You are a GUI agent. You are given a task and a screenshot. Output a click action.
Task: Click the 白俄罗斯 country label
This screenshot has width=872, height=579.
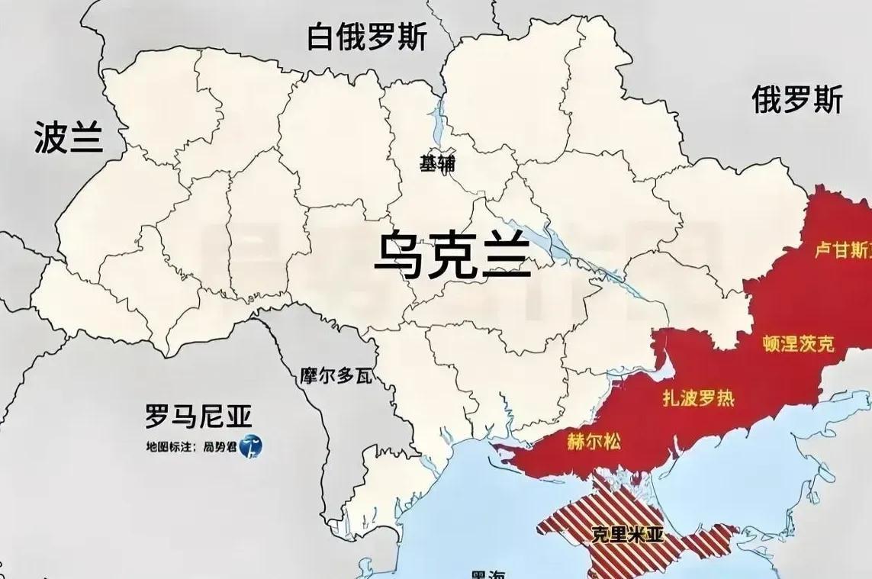[367, 37]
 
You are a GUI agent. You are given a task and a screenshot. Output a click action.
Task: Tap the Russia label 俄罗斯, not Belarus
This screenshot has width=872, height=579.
[797, 100]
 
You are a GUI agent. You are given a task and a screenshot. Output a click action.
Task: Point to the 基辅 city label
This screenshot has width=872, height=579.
[438, 163]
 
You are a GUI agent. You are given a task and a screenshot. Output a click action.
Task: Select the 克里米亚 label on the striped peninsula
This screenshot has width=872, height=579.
[627, 535]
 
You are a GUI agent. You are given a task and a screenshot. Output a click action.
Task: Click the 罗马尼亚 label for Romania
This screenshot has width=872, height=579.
[198, 417]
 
